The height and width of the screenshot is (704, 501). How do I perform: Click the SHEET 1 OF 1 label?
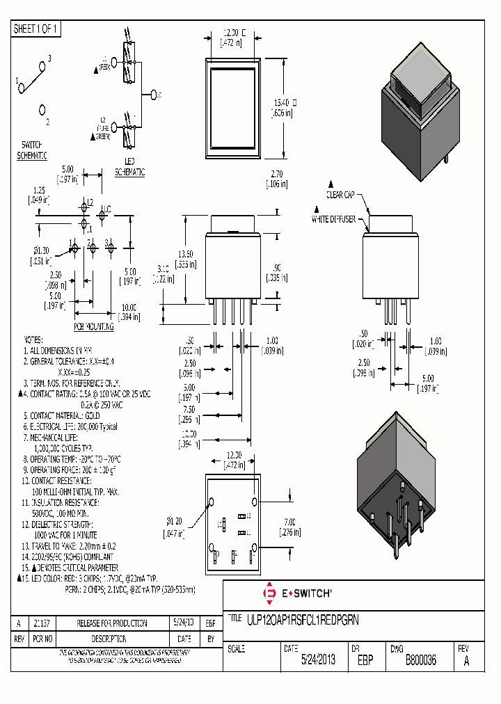click(x=36, y=29)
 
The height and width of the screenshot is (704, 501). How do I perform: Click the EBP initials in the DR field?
click(x=366, y=660)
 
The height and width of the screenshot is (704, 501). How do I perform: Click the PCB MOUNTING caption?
click(x=93, y=326)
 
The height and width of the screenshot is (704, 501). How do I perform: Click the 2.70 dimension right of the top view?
click(x=276, y=179)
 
